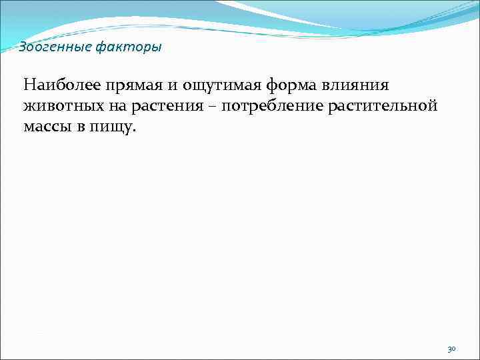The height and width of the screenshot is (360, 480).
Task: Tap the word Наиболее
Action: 60,85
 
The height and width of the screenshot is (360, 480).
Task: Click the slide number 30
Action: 451,349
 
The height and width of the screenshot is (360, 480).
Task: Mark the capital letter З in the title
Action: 22,47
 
